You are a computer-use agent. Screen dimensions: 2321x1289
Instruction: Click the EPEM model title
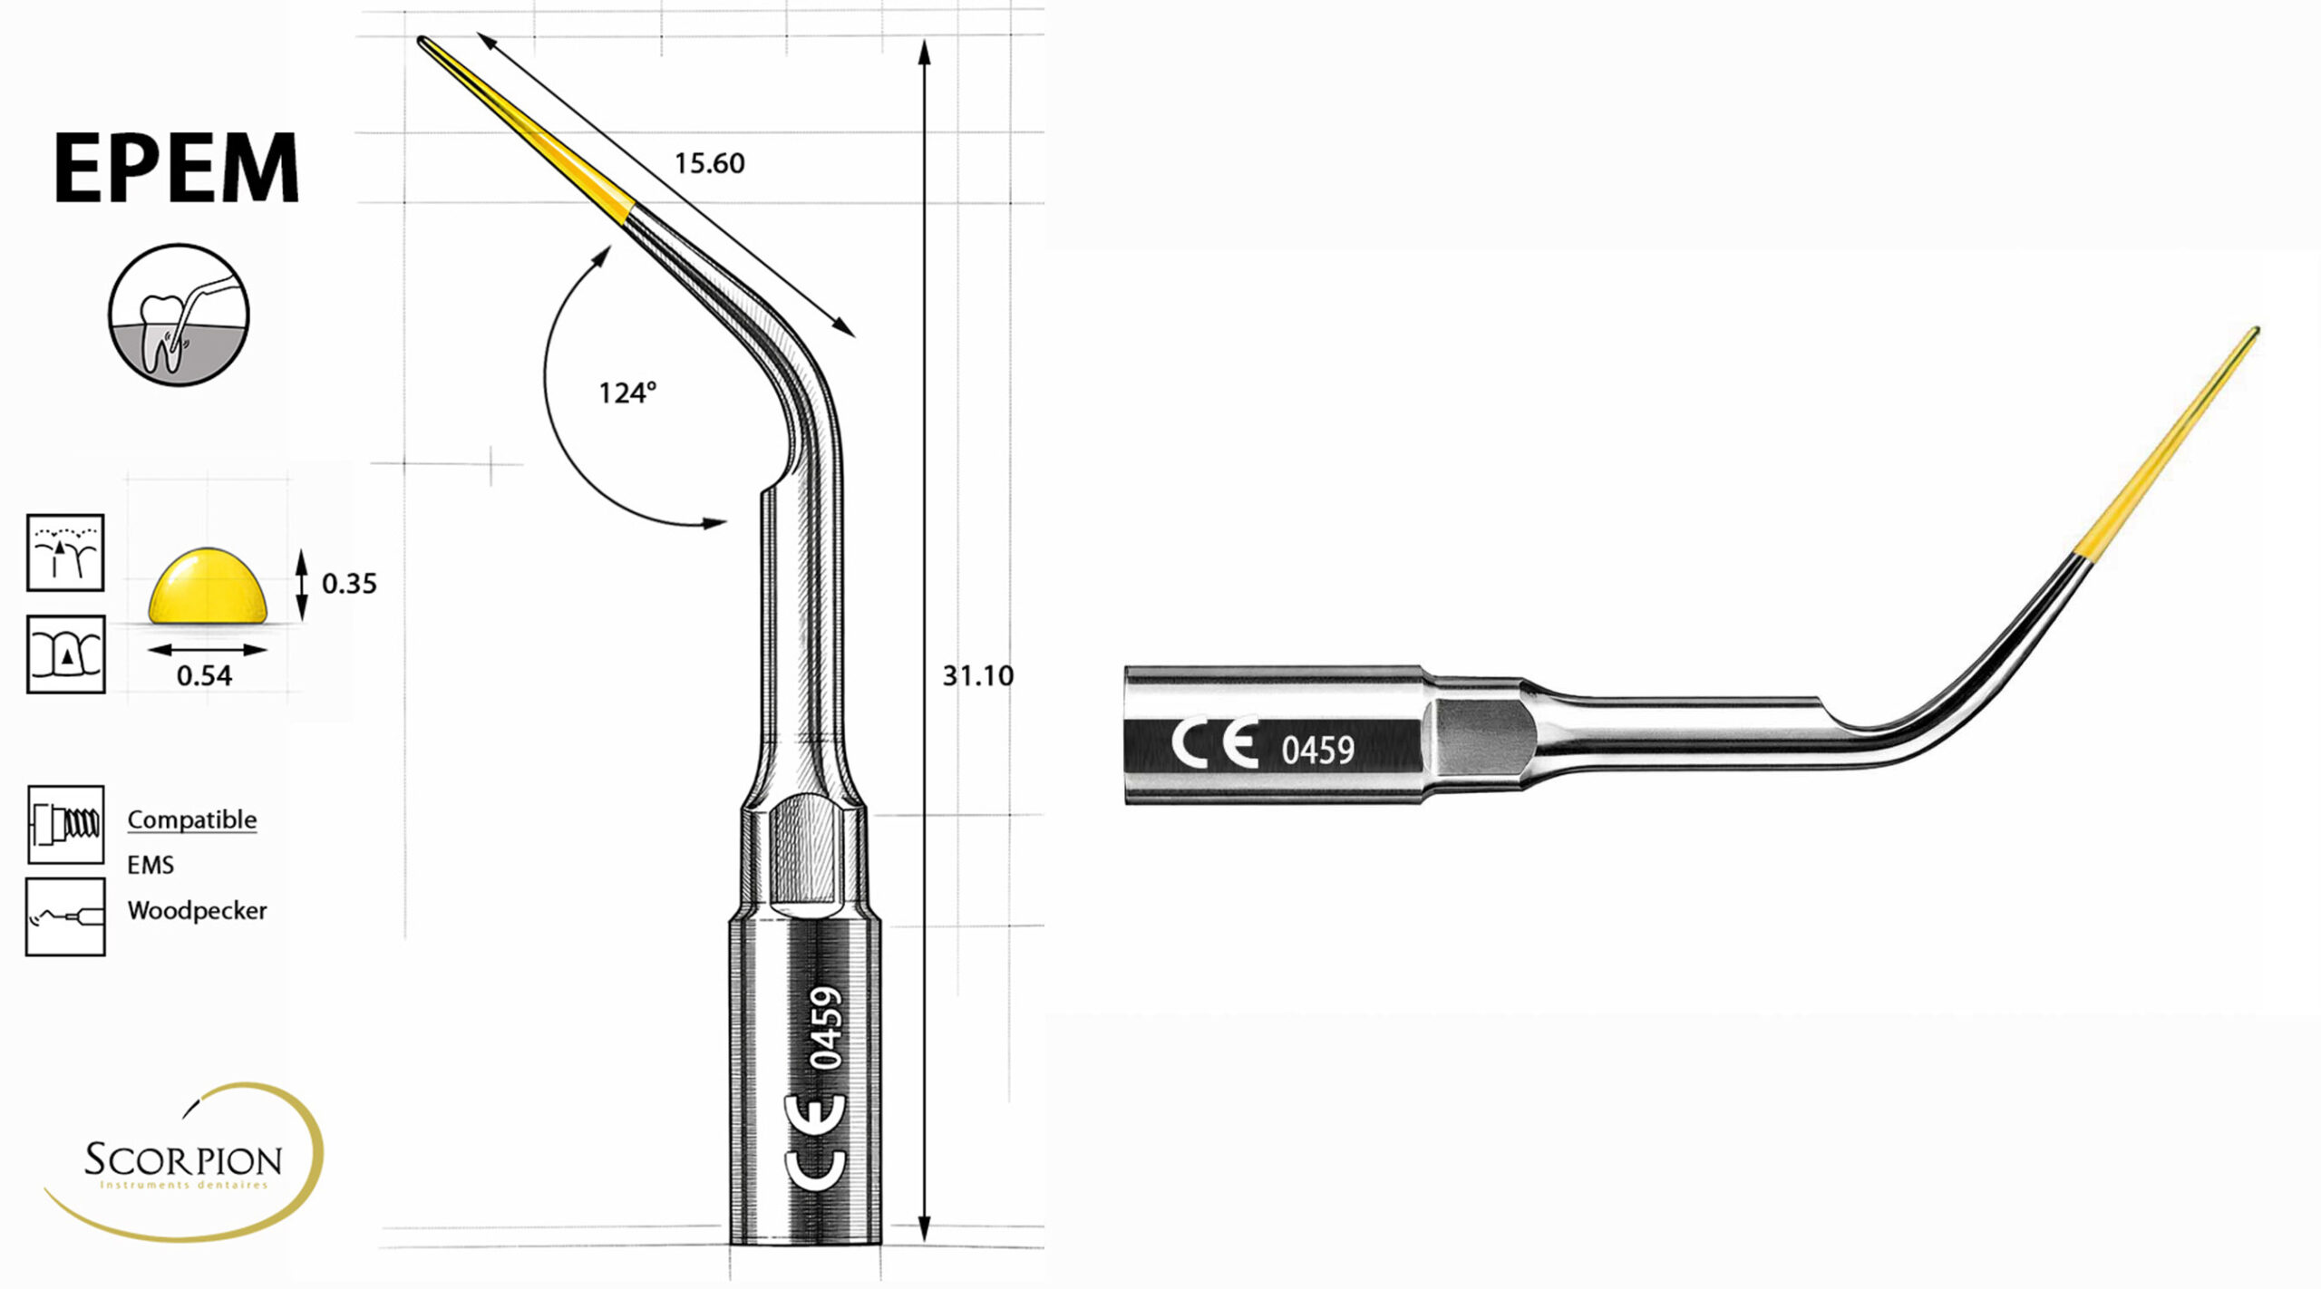[x=177, y=168]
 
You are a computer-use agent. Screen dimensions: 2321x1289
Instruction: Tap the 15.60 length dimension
[x=709, y=163]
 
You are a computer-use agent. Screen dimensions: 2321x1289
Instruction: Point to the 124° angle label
[x=627, y=393]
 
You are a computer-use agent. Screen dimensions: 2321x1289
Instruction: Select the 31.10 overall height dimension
[x=977, y=675]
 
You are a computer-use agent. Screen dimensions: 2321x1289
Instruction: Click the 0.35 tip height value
[x=349, y=583]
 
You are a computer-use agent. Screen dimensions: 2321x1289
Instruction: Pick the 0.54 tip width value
[x=204, y=675]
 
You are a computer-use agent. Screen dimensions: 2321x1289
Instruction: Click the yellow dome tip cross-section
[x=209, y=585]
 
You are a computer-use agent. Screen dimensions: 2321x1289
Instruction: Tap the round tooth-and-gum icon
[x=179, y=314]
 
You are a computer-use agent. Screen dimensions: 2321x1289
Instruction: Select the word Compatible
[x=192, y=820]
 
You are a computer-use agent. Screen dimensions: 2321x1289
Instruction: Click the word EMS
[x=151, y=866]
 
